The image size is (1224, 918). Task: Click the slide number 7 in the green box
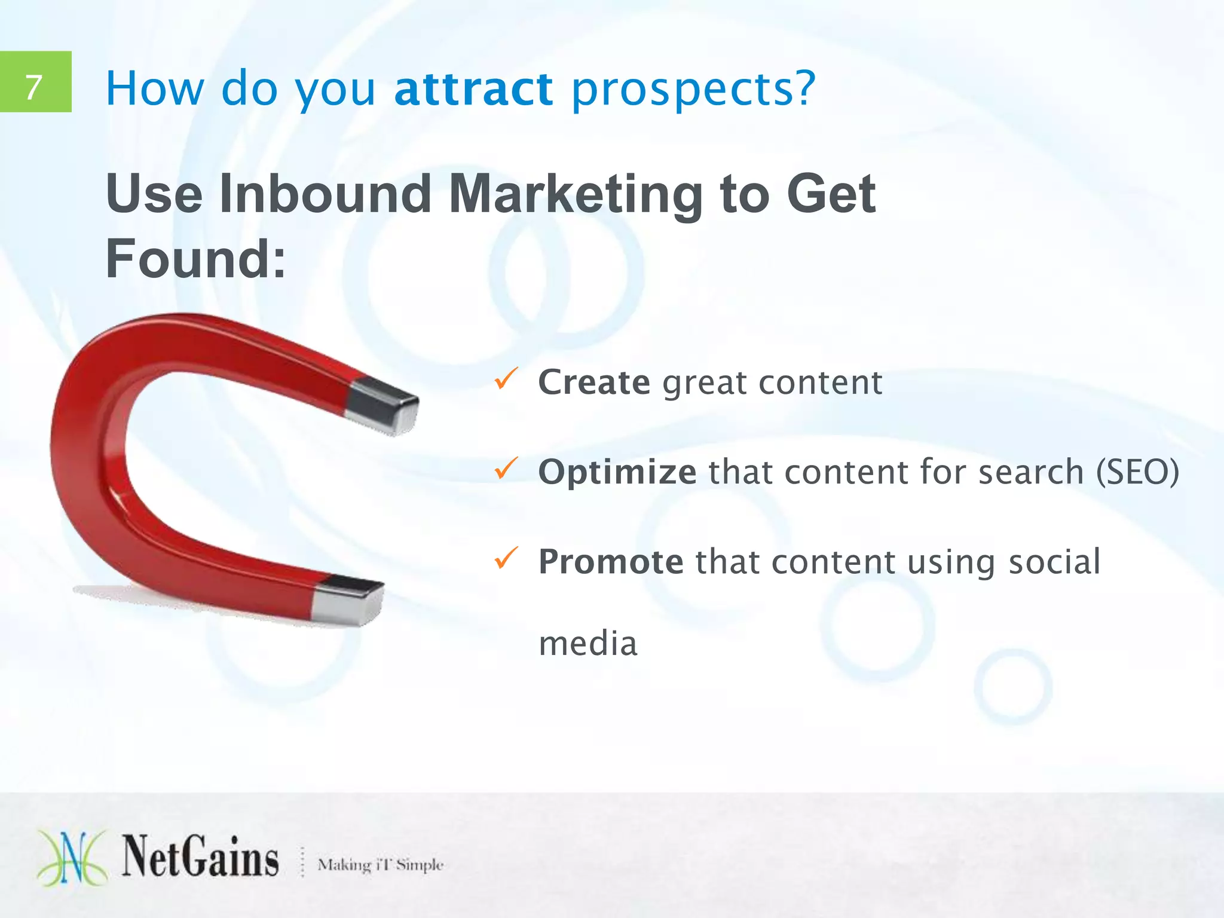click(x=34, y=87)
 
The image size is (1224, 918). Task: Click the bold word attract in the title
click(x=473, y=89)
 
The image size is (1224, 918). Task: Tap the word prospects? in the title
click(x=693, y=90)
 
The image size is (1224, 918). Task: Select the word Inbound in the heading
click(x=325, y=194)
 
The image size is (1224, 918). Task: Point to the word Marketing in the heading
click(x=576, y=195)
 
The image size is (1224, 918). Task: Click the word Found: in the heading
click(x=196, y=258)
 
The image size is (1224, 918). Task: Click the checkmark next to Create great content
click(x=506, y=379)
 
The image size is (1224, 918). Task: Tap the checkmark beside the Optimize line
click(x=506, y=469)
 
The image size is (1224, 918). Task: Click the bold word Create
click(x=594, y=382)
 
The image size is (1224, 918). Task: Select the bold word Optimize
click(x=617, y=472)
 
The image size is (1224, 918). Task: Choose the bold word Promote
click(x=610, y=562)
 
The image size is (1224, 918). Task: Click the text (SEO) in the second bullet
click(x=1137, y=472)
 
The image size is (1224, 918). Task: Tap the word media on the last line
click(x=588, y=644)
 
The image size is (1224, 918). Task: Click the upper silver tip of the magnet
click(x=382, y=406)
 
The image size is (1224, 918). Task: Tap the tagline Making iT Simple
click(x=380, y=865)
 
